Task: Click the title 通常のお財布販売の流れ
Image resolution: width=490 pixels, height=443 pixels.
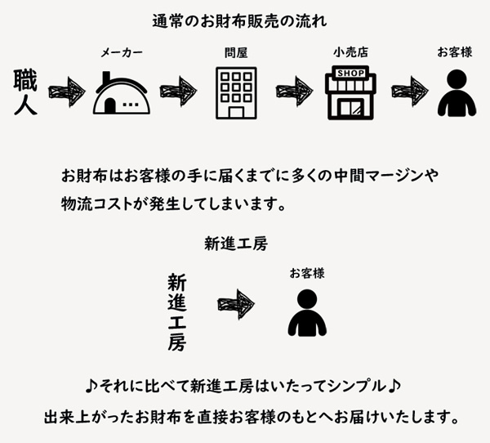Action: click(246, 19)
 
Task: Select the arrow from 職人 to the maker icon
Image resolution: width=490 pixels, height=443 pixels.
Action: click(66, 90)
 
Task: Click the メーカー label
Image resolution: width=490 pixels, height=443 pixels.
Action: click(122, 53)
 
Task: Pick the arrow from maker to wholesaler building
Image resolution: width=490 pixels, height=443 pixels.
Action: click(179, 90)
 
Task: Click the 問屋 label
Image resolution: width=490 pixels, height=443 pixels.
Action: click(236, 53)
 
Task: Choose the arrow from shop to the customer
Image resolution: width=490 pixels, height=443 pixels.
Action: click(410, 90)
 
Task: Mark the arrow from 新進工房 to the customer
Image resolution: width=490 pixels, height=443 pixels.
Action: click(236, 304)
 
